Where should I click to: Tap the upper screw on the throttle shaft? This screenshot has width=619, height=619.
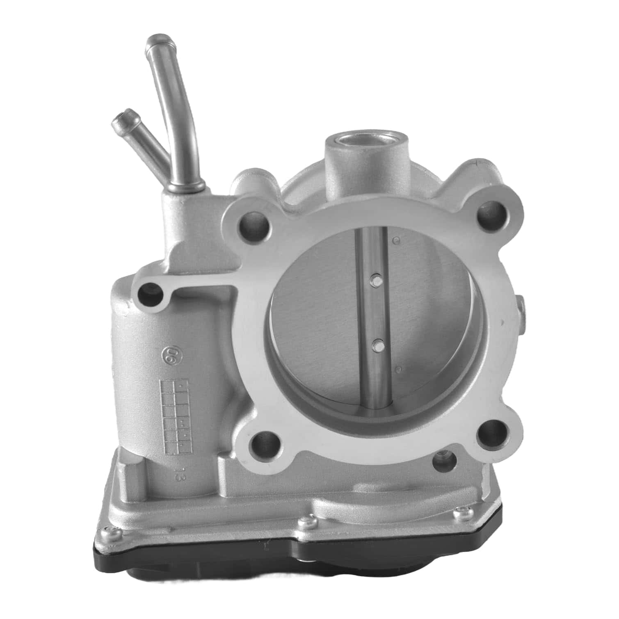click(374, 279)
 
